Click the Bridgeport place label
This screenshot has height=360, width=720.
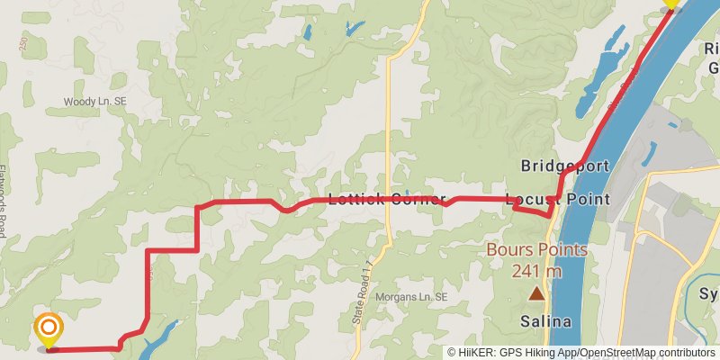tap(565, 166)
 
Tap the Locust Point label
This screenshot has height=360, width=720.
tap(558, 199)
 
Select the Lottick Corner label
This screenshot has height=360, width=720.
tap(387, 199)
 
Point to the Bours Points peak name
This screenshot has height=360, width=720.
tap(537, 250)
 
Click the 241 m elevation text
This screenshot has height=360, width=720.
tap(537, 270)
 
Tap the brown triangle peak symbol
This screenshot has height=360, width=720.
tap(537, 293)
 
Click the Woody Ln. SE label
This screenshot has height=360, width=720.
tap(94, 103)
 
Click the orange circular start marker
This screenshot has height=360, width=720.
tap(47, 328)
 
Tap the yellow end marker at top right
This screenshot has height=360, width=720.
tap(670, 4)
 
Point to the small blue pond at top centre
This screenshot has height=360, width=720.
tap(307, 32)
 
